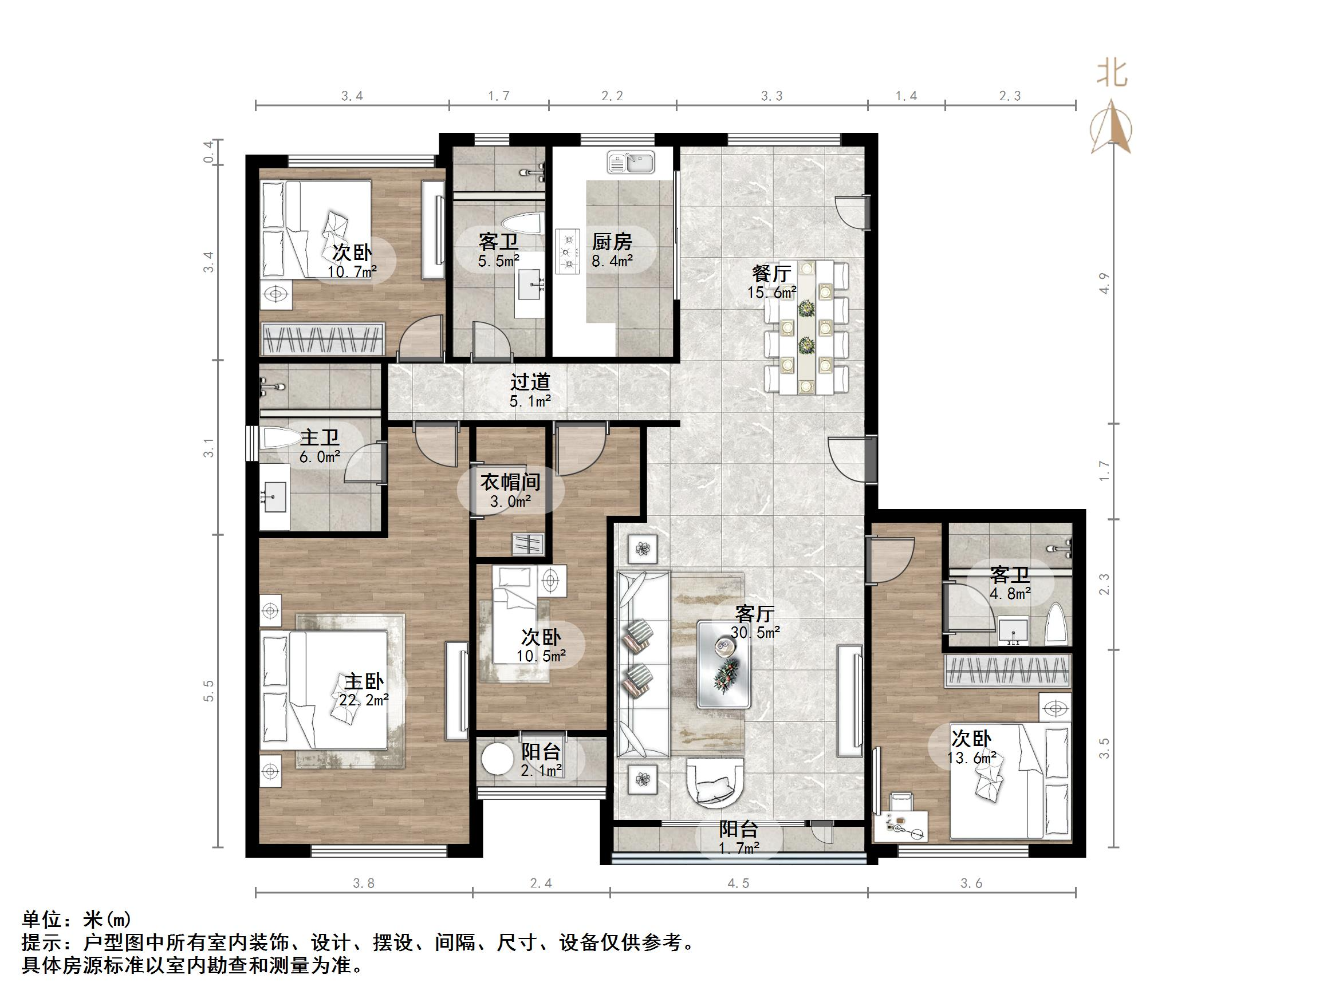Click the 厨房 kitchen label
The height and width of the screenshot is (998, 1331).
tap(612, 242)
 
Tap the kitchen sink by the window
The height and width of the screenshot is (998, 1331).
tap(630, 163)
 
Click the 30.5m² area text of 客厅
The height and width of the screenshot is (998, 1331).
tap(755, 632)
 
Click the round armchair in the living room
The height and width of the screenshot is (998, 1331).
tap(716, 783)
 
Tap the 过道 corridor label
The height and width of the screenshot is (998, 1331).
tap(530, 382)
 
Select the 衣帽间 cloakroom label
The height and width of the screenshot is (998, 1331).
tap(510, 482)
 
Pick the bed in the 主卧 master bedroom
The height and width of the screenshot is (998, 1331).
tap(325, 689)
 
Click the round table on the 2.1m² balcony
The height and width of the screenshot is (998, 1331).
tap(497, 759)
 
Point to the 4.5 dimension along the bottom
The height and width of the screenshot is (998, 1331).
tap(738, 883)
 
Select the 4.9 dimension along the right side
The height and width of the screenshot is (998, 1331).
tap(1104, 283)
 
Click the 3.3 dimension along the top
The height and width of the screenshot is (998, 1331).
tap(771, 96)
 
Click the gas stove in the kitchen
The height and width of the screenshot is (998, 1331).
tap(567, 251)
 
